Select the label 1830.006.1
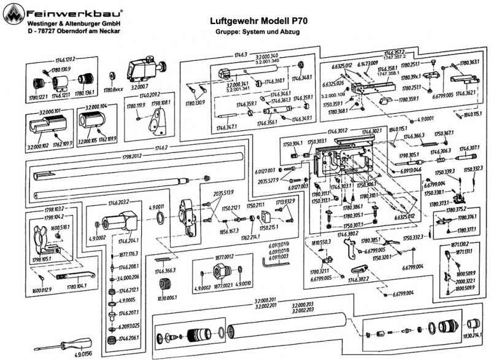pos(163,299)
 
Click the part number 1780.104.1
pos(76,287)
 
